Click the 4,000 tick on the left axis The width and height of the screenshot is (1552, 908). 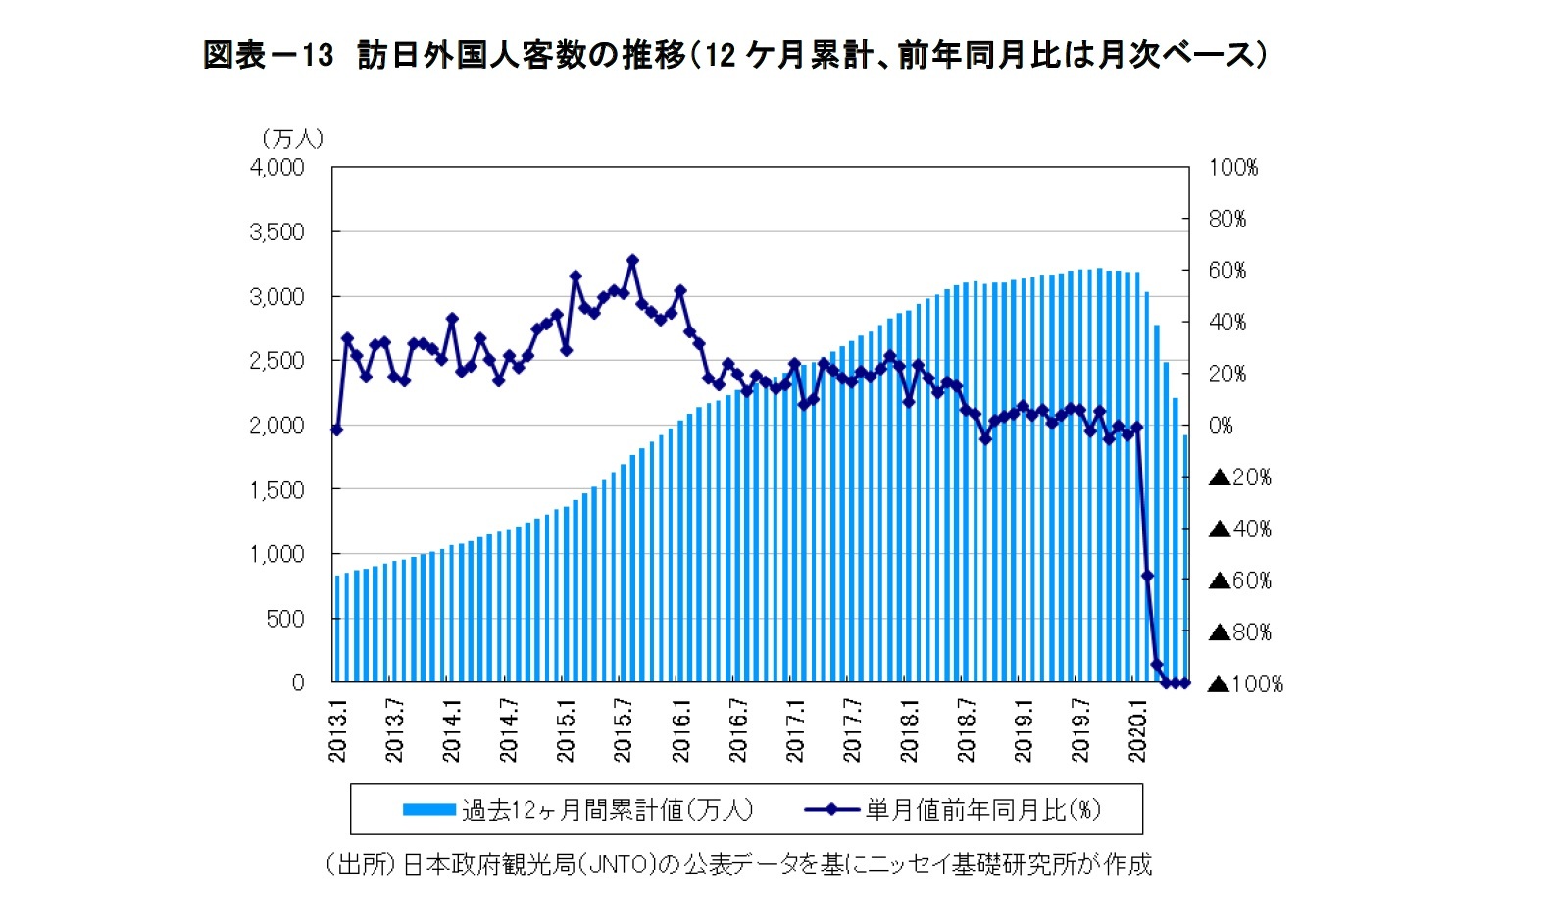point(277,168)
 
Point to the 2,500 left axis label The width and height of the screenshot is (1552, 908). point(277,361)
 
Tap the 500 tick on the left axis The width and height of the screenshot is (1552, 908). point(285,619)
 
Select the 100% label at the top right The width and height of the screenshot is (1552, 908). point(1232,168)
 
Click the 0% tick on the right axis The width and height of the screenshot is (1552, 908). point(1221,426)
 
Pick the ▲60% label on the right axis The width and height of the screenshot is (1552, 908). point(1240,580)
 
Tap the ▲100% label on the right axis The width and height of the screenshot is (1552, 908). point(1245,683)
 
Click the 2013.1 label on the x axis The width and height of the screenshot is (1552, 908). point(338,731)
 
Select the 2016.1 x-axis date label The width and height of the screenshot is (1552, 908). point(680,731)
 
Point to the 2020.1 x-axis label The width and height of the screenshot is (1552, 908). point(1137,731)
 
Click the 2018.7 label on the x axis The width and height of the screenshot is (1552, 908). point(966,731)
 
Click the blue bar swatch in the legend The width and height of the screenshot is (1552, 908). point(428,810)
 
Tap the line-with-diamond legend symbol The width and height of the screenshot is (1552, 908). point(830,810)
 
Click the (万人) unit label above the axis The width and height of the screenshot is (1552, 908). point(292,139)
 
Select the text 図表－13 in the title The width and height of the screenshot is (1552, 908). point(268,55)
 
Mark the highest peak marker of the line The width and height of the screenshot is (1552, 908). point(632,261)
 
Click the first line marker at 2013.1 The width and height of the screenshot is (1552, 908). point(336,429)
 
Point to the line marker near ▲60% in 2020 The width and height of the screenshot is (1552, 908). point(1147,576)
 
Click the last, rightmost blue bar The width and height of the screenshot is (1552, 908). point(1184,559)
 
